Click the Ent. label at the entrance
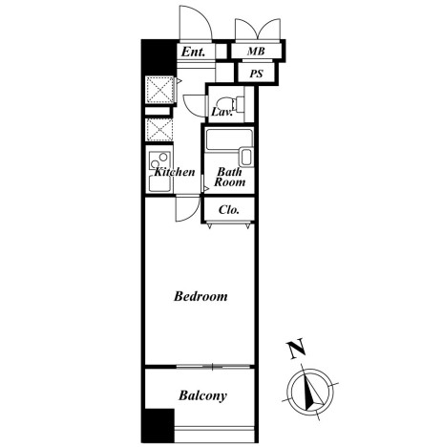click(193, 52)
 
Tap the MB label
click(256, 51)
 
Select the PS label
click(256, 74)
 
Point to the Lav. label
click(222, 112)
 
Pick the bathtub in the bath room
click(229, 139)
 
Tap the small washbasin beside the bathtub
click(246, 157)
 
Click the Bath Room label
click(230, 177)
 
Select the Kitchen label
click(175, 172)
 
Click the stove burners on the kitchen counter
click(159, 160)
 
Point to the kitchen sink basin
click(159, 183)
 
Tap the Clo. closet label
click(229, 210)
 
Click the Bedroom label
click(200, 296)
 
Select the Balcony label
click(202, 395)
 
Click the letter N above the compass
click(297, 350)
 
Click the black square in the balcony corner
click(158, 426)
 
